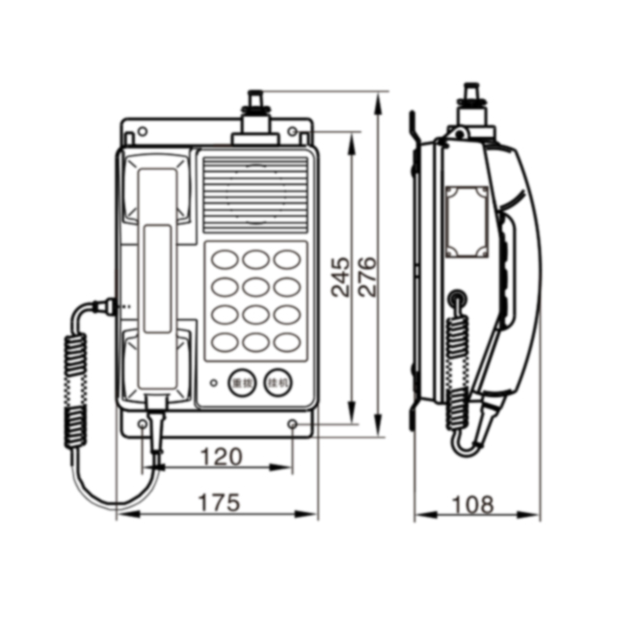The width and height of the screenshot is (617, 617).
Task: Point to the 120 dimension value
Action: point(221,457)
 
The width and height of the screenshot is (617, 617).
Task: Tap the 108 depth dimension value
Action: point(472,503)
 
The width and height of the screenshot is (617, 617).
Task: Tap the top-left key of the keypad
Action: point(225,258)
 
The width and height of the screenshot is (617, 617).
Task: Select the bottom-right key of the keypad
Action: point(286,341)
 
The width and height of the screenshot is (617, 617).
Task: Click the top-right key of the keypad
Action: point(286,258)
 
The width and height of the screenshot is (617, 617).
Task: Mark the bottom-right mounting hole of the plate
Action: point(295,424)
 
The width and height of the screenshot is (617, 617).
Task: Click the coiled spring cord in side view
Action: point(459,366)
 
